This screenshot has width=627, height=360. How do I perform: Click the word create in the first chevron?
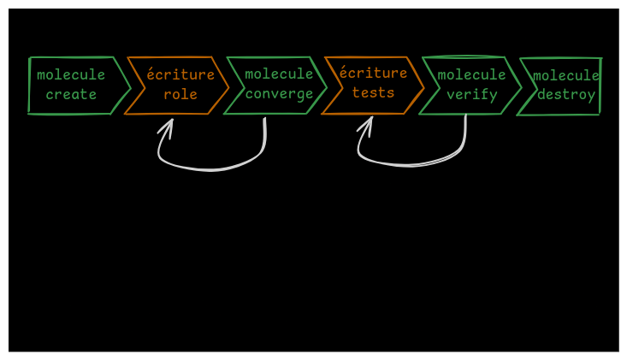tap(71, 95)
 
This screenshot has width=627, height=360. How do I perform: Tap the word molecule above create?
tap(71, 75)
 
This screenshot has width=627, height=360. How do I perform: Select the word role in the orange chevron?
tap(180, 95)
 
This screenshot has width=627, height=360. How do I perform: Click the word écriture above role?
tap(180, 75)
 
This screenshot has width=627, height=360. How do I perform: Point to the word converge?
tap(279, 94)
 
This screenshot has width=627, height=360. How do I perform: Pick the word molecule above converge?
tap(279, 74)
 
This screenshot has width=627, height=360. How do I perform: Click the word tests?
tap(374, 93)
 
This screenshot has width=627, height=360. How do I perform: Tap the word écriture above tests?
tap(374, 74)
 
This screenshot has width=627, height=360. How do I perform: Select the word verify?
tap(472, 95)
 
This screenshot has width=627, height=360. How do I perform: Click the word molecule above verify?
tap(472, 75)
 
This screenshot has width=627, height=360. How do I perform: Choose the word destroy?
tap(566, 95)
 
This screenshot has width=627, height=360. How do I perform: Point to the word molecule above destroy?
tap(566, 76)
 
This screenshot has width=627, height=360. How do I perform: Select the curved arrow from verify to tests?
tap(411, 164)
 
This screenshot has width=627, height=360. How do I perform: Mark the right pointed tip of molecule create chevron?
tap(130, 86)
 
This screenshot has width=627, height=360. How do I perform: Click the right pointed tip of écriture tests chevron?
tap(424, 86)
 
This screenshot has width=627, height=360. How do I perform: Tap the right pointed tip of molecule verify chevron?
tap(522, 86)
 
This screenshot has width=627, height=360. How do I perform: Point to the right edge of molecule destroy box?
tap(600, 86)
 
